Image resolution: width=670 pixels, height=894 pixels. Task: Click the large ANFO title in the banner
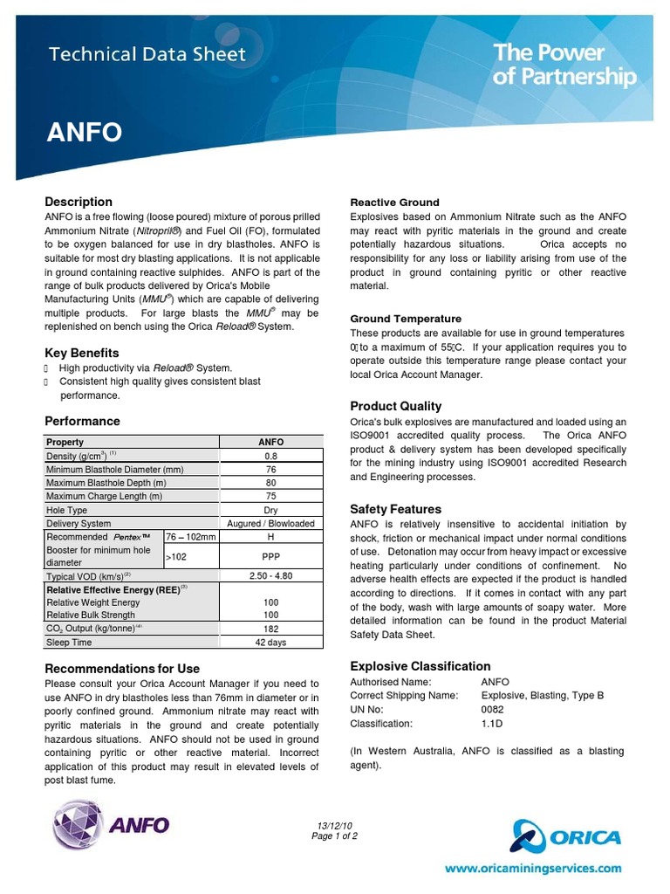[x=84, y=133]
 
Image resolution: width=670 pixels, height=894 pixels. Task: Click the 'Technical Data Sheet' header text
[x=147, y=54]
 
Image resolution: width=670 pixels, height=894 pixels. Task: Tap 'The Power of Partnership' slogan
[x=564, y=65]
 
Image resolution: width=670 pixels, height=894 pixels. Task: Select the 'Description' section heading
[x=79, y=202]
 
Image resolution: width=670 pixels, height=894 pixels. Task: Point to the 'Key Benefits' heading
[x=82, y=353]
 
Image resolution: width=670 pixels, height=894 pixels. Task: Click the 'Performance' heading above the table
[x=82, y=421]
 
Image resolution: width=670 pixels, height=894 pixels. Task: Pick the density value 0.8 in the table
[x=270, y=456]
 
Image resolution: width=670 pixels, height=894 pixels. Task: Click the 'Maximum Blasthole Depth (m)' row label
[x=106, y=483]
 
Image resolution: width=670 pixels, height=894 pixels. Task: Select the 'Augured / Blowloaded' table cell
[x=270, y=524]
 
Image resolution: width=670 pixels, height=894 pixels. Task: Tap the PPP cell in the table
[x=270, y=555]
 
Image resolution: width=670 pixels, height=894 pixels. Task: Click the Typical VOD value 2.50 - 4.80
[x=270, y=576]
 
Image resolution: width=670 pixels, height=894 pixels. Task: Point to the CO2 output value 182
[x=270, y=629]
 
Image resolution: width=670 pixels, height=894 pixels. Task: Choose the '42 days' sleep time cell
[x=270, y=643]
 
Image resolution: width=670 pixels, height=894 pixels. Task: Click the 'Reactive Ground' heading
[x=394, y=203]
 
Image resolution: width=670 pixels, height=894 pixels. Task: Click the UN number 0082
[x=493, y=710]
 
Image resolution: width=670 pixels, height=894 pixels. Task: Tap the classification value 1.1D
[x=492, y=724]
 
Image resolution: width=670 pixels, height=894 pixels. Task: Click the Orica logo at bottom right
[x=566, y=837]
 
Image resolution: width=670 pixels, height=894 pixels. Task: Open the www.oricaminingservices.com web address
[x=534, y=869]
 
